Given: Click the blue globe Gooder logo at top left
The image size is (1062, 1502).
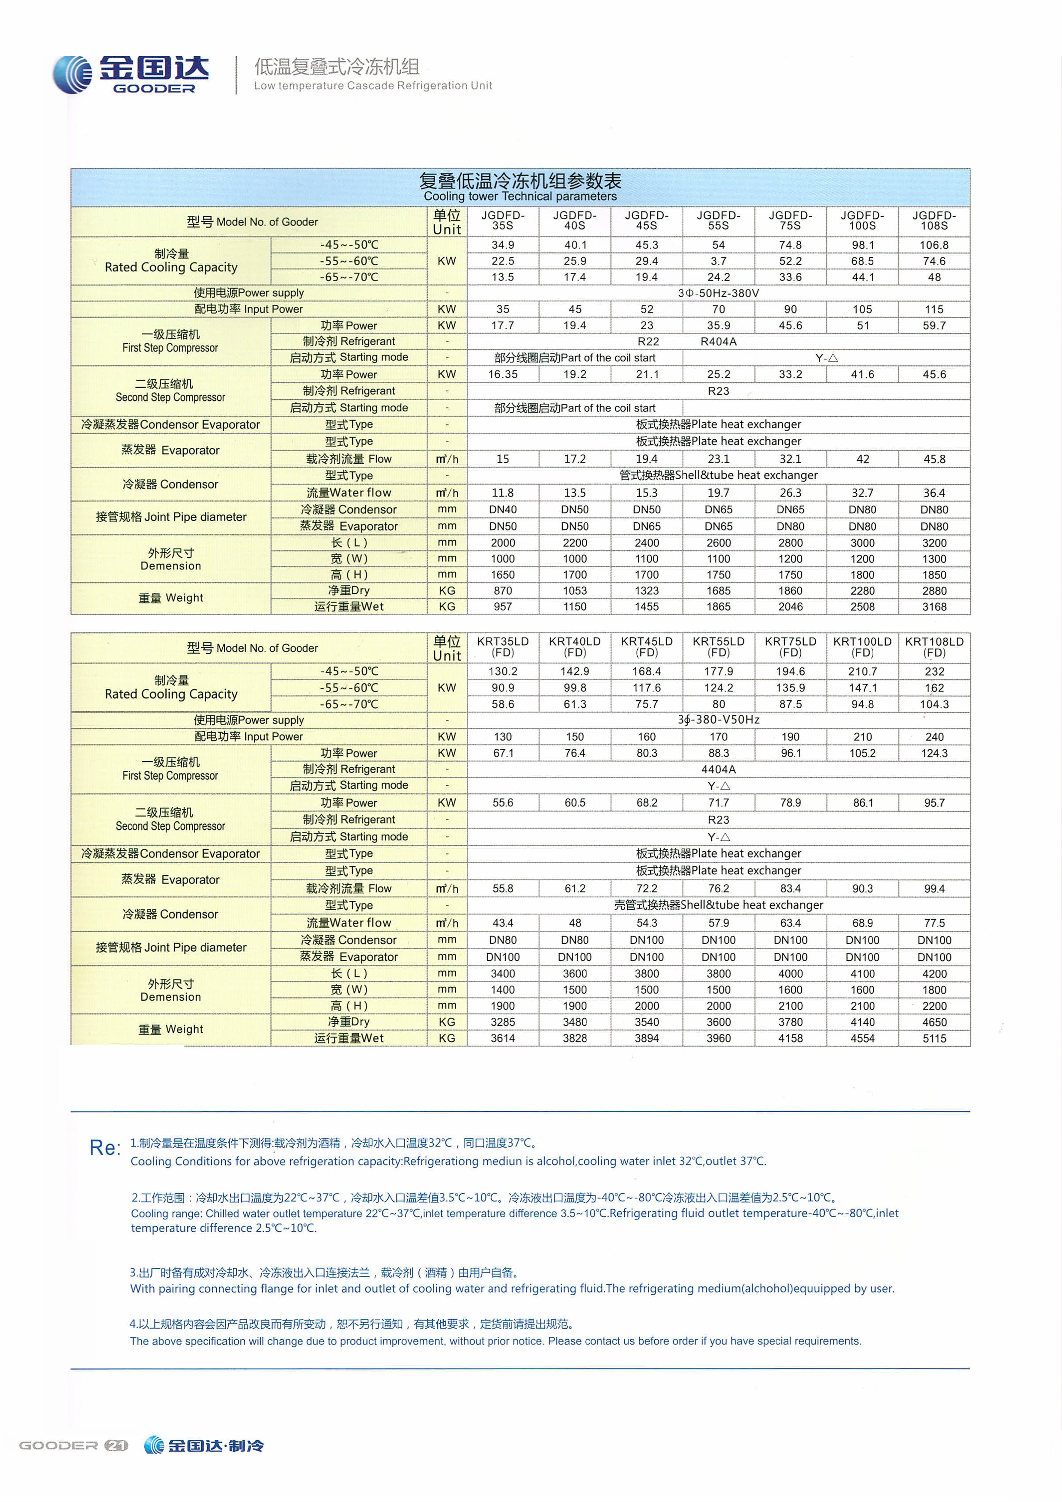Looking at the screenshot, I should tap(72, 75).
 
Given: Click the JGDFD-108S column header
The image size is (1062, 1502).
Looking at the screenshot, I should tap(934, 221).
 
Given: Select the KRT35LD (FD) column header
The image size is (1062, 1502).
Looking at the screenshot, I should tap(503, 647).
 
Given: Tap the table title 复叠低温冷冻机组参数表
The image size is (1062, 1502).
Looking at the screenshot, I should tap(520, 181).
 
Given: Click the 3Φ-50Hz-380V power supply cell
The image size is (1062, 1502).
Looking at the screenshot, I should tap(719, 293).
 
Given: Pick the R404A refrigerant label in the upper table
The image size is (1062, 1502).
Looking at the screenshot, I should tap(719, 342).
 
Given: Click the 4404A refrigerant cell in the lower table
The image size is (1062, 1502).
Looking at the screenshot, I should tap(719, 769).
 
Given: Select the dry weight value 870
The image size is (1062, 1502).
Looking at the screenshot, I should tap(503, 591).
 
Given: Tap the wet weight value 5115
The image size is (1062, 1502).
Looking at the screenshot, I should tap(934, 1038).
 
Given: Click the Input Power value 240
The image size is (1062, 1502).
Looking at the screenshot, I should tap(934, 736).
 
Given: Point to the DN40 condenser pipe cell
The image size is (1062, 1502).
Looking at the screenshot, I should tap(503, 510).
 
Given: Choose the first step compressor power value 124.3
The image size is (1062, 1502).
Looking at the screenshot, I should tap(934, 753).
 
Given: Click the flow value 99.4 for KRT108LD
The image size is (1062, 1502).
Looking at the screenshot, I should tap(934, 888).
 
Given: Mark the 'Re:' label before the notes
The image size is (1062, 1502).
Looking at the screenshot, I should tap(104, 1148).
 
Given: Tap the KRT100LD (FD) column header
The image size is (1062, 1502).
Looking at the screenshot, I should tap(862, 647).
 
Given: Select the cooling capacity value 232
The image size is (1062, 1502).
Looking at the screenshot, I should tap(934, 671).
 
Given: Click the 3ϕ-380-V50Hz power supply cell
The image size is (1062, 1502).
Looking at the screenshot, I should tap(719, 720).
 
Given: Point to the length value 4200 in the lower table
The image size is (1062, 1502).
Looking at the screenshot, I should tap(934, 973).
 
